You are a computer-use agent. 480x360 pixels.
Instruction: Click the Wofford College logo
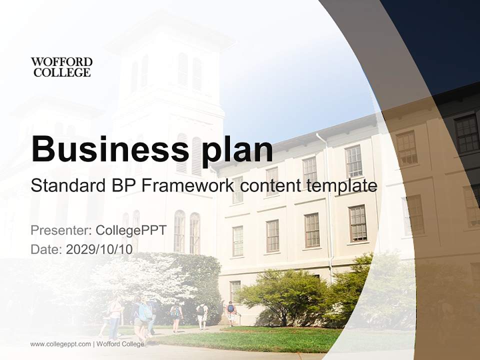(x=61, y=67)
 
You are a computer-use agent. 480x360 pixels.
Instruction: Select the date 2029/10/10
(x=99, y=249)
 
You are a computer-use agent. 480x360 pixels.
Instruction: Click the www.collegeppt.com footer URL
(x=60, y=344)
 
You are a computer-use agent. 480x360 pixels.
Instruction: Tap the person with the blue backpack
(x=230, y=311)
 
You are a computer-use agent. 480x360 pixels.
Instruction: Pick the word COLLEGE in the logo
(x=61, y=72)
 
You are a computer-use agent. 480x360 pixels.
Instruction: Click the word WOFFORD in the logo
(x=61, y=62)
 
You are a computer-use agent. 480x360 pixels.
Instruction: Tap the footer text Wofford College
(x=120, y=344)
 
